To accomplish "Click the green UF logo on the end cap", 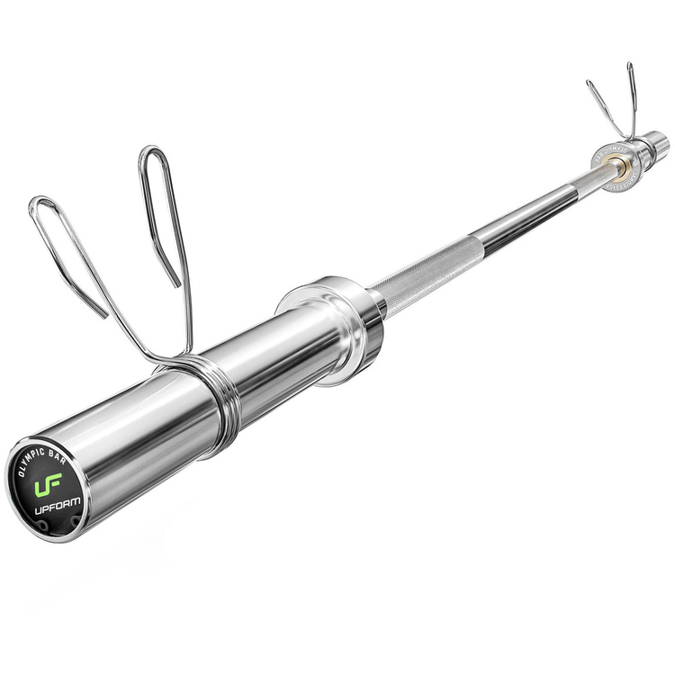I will [x=45, y=487].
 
